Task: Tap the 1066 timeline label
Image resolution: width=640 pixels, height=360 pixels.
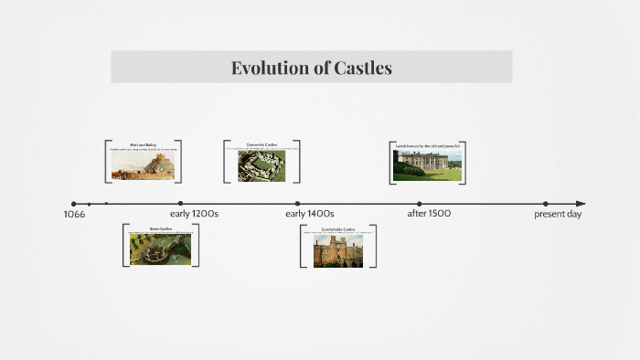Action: click(75, 214)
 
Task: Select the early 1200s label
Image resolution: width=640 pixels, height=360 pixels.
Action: click(195, 214)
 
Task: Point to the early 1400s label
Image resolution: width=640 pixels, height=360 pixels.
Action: click(310, 214)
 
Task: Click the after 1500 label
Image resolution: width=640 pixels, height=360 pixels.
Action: click(429, 214)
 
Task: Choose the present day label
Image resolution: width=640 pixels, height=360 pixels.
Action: click(558, 214)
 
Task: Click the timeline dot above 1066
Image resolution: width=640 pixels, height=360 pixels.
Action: click(74, 204)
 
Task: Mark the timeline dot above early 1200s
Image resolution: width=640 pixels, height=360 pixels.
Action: click(181, 204)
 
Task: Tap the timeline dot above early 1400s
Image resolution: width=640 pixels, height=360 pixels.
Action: click(297, 204)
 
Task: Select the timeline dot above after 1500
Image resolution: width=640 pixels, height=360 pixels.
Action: click(420, 204)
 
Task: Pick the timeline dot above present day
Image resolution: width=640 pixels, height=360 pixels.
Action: click(545, 204)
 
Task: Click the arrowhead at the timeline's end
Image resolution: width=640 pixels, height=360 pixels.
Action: click(581, 204)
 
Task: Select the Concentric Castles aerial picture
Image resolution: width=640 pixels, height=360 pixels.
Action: click(261, 165)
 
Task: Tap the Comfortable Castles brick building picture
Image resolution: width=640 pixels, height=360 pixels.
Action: click(337, 251)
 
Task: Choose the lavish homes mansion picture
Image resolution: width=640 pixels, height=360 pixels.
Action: click(427, 165)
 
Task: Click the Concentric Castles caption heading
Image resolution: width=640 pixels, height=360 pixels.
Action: click(261, 144)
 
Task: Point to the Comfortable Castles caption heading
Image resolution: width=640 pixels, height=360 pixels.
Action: click(337, 228)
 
